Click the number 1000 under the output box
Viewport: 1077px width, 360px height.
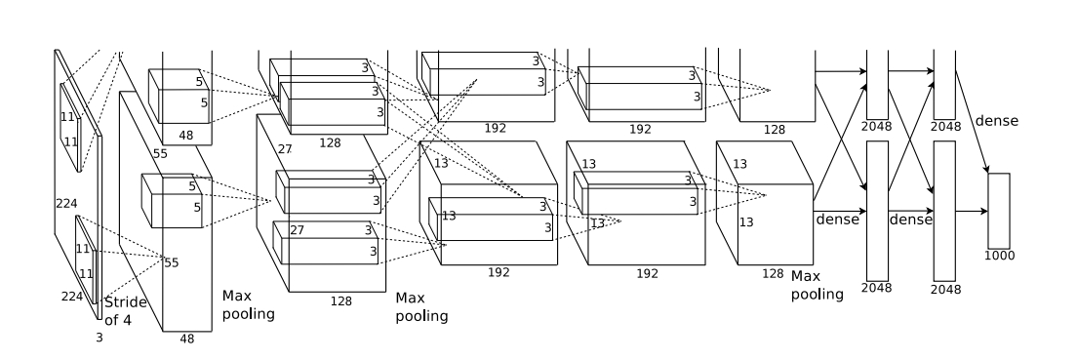tap(999, 256)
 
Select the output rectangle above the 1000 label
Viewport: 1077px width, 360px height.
tap(999, 211)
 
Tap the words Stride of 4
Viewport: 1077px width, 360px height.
tap(125, 311)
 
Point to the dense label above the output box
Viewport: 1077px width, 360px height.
tap(997, 121)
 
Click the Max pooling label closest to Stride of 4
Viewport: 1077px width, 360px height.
tap(248, 305)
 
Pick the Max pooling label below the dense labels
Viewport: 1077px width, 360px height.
tap(817, 285)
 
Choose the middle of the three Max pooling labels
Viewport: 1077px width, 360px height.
tap(421, 307)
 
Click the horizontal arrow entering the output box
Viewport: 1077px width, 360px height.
tap(972, 211)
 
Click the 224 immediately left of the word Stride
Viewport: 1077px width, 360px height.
tap(72, 297)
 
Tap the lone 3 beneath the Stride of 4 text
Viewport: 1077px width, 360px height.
tap(99, 338)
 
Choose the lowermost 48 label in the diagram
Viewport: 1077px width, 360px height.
tap(187, 339)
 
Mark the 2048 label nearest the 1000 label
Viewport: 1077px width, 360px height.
tap(946, 290)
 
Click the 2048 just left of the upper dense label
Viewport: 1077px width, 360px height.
tap(946, 127)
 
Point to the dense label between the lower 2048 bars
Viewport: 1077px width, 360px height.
tap(911, 220)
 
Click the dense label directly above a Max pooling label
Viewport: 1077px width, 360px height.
tap(837, 220)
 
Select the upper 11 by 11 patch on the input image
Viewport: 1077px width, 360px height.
tap(71, 128)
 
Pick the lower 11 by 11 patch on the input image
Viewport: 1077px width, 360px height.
tap(86, 260)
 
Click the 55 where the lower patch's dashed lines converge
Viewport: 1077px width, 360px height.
tap(171, 262)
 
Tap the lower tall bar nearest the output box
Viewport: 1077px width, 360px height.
tap(944, 211)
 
